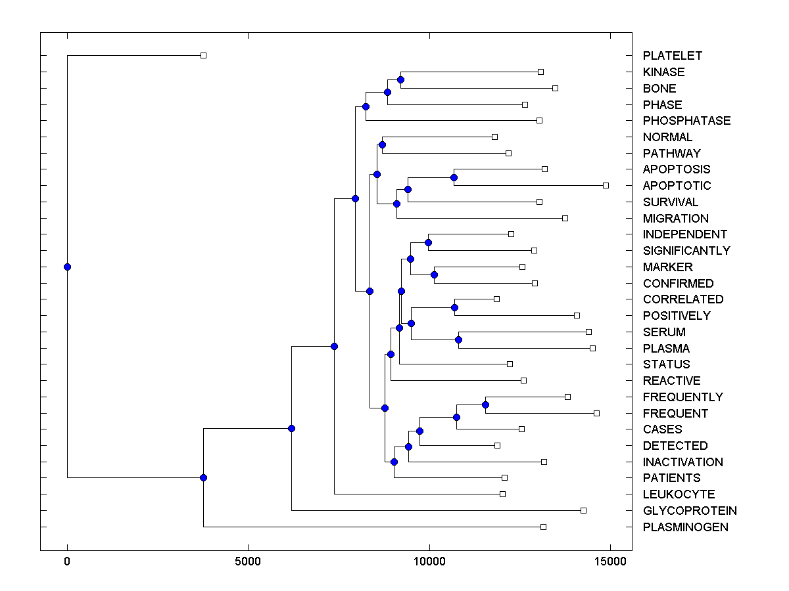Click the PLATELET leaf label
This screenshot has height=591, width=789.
tap(673, 56)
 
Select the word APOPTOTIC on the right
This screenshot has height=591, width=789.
tap(677, 186)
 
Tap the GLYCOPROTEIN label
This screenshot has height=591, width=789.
tap(690, 511)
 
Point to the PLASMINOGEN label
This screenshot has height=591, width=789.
tap(686, 527)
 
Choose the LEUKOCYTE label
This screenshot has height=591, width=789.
tap(679, 494)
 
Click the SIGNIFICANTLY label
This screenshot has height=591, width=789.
tap(686, 251)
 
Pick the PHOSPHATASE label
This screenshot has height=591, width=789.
tap(686, 121)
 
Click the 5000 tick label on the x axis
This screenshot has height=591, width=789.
tap(248, 561)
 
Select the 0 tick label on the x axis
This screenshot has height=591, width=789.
tap(67, 561)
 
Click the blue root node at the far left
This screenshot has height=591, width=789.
tap(67, 267)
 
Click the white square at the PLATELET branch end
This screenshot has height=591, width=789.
tap(203, 55)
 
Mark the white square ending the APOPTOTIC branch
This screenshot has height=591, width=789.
tap(606, 185)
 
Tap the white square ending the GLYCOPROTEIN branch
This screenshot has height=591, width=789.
tap(583, 510)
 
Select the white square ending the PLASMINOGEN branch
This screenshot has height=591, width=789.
tap(543, 527)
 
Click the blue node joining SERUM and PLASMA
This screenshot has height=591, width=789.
tap(458, 339)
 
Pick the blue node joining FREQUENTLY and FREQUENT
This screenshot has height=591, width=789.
tap(485, 405)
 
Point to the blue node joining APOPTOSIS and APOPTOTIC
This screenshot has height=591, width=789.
tap(454, 177)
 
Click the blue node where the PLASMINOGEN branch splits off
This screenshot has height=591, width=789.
tap(203, 477)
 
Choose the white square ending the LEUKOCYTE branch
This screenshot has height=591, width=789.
tap(502, 494)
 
